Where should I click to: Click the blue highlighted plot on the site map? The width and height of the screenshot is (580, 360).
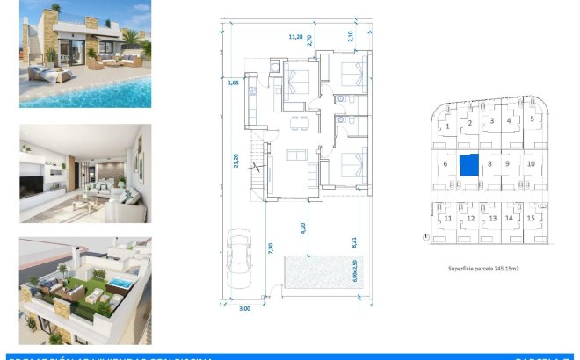(469, 164)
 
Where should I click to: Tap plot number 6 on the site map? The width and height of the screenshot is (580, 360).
(446, 163)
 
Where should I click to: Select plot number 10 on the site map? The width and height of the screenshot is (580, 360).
(531, 163)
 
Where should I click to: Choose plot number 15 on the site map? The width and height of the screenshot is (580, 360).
(532, 218)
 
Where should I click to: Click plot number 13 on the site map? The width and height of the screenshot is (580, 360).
(492, 218)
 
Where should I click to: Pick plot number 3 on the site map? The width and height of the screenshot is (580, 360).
(492, 120)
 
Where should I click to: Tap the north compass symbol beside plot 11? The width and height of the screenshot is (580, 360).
(425, 236)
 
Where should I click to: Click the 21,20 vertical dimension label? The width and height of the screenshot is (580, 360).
(236, 162)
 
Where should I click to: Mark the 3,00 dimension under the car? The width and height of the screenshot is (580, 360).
(244, 309)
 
